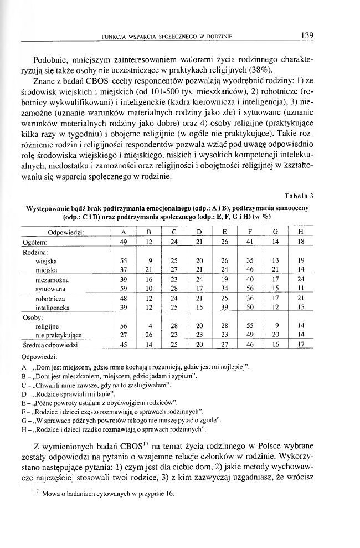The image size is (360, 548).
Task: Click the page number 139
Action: [307, 35]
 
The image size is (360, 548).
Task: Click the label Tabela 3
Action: [299, 194]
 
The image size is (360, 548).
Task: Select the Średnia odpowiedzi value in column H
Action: [300, 344]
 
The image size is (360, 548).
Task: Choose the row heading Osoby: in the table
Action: [32, 316]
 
